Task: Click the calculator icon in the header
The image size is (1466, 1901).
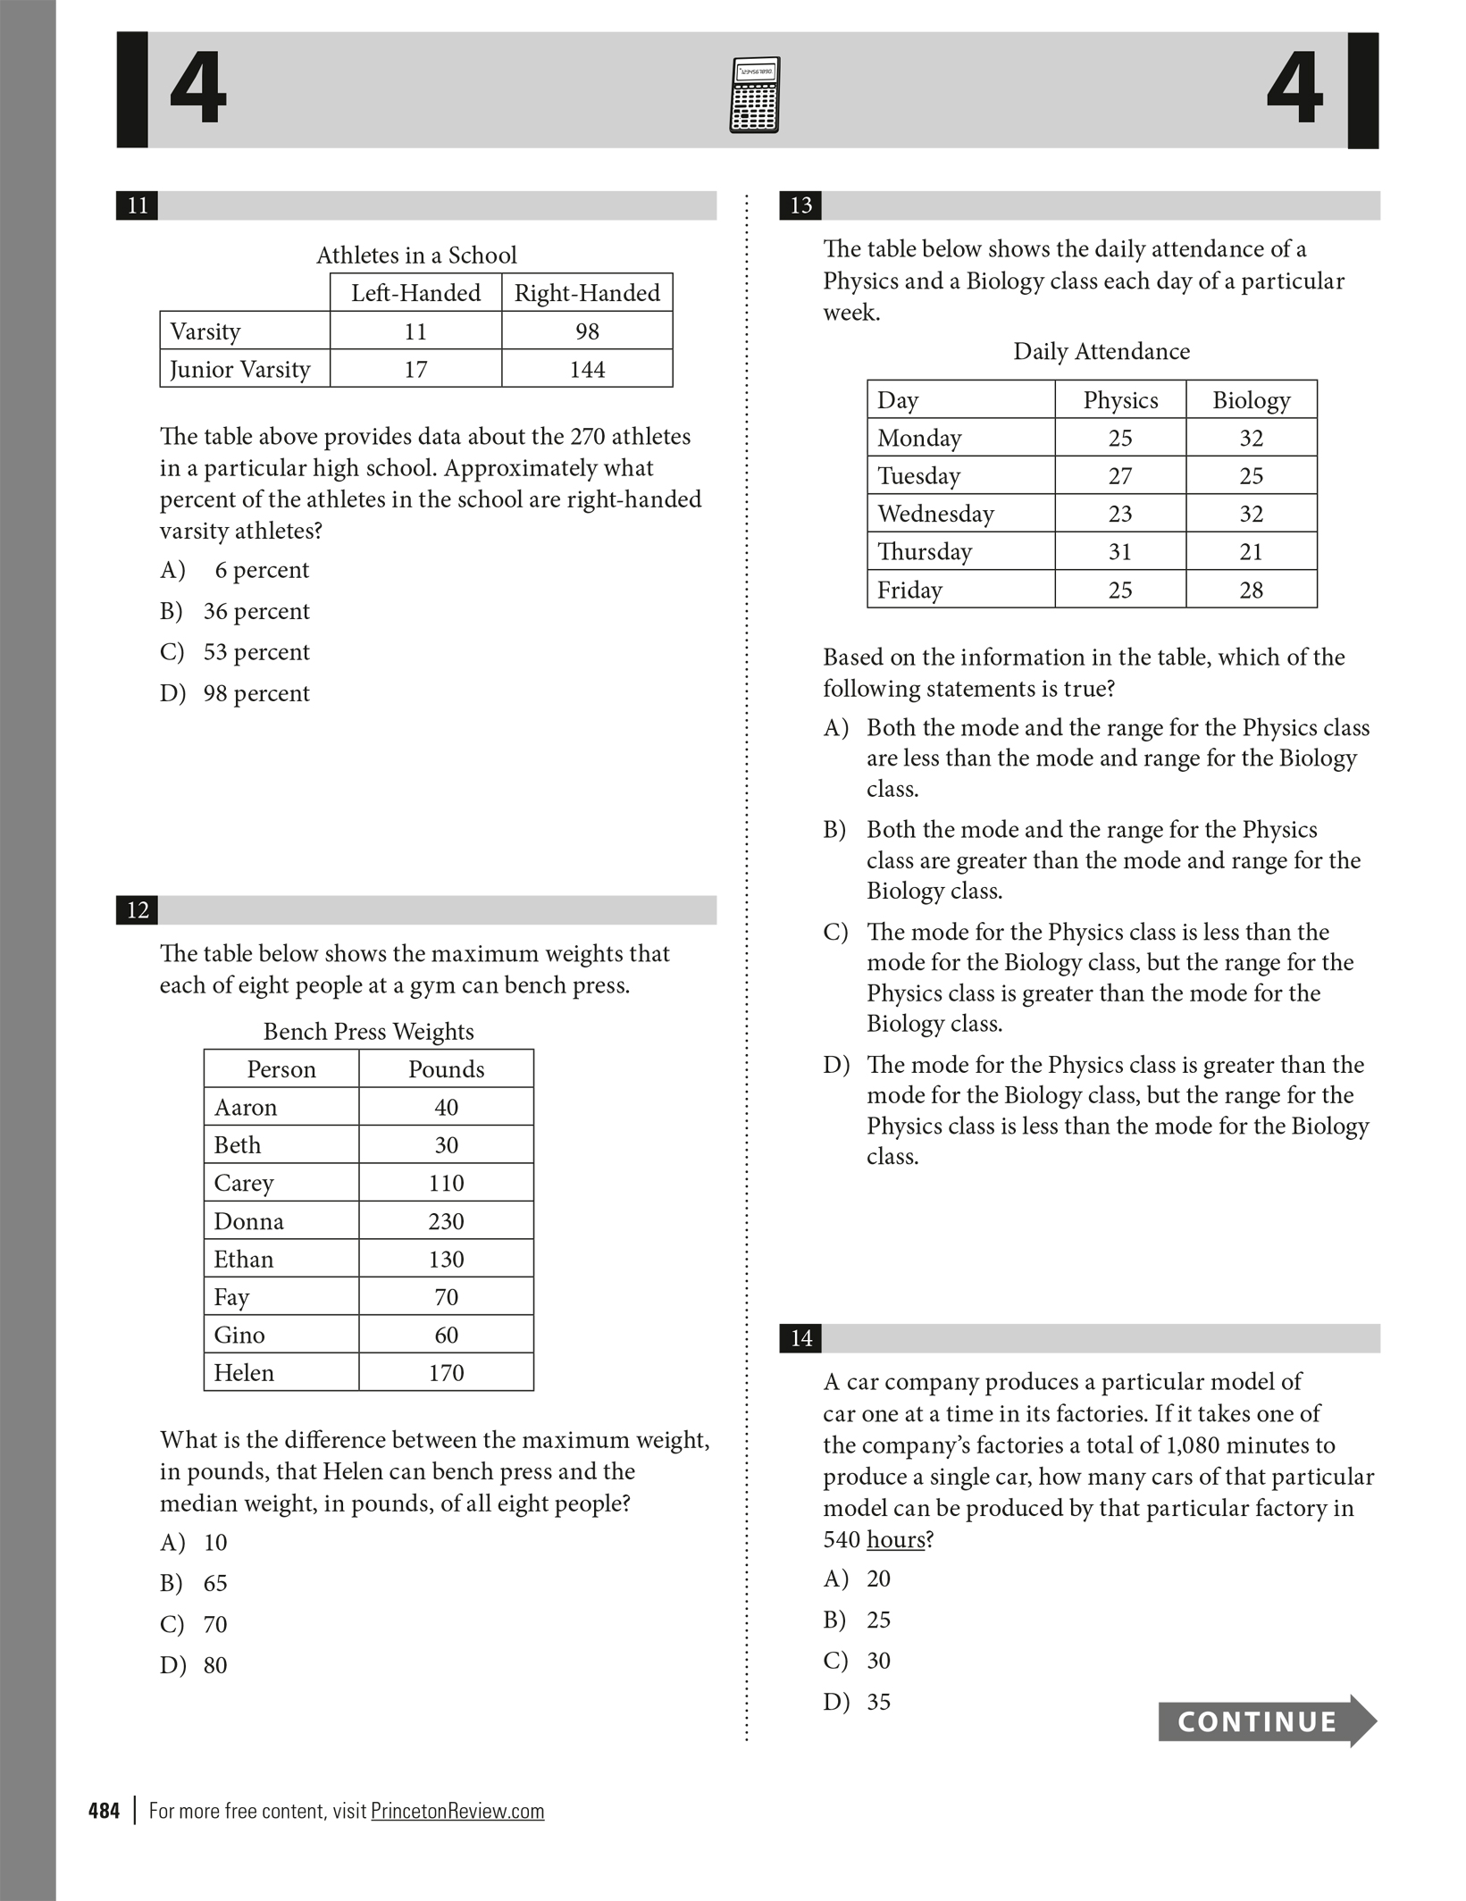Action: click(x=754, y=96)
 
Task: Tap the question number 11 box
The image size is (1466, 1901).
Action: click(x=138, y=205)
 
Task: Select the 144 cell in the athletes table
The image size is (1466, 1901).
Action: click(x=587, y=369)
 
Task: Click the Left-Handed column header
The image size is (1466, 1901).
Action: click(x=415, y=293)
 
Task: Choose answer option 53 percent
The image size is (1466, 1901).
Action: click(x=256, y=652)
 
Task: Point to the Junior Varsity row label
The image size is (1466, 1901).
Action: click(x=239, y=369)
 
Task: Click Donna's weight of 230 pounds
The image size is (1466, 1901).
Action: click(x=446, y=1221)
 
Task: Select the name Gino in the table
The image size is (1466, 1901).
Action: click(x=239, y=1335)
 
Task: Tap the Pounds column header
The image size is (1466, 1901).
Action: click(x=446, y=1069)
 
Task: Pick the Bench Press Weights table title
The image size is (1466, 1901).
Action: click(x=368, y=1032)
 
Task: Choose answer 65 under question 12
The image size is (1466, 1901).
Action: click(x=214, y=1583)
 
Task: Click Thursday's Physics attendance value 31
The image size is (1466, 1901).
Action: click(x=1120, y=552)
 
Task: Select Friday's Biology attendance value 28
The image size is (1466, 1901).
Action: click(x=1251, y=590)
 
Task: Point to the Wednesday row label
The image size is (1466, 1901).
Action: click(x=935, y=514)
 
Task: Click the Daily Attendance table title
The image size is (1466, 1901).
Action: click(x=1101, y=352)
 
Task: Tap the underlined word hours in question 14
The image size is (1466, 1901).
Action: click(x=895, y=1539)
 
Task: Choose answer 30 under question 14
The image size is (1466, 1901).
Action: click(x=878, y=1661)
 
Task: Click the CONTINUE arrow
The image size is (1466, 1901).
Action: click(x=1266, y=1721)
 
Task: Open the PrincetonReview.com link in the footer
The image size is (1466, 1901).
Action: click(x=457, y=1811)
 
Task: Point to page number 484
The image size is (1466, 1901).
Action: click(x=104, y=1811)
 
